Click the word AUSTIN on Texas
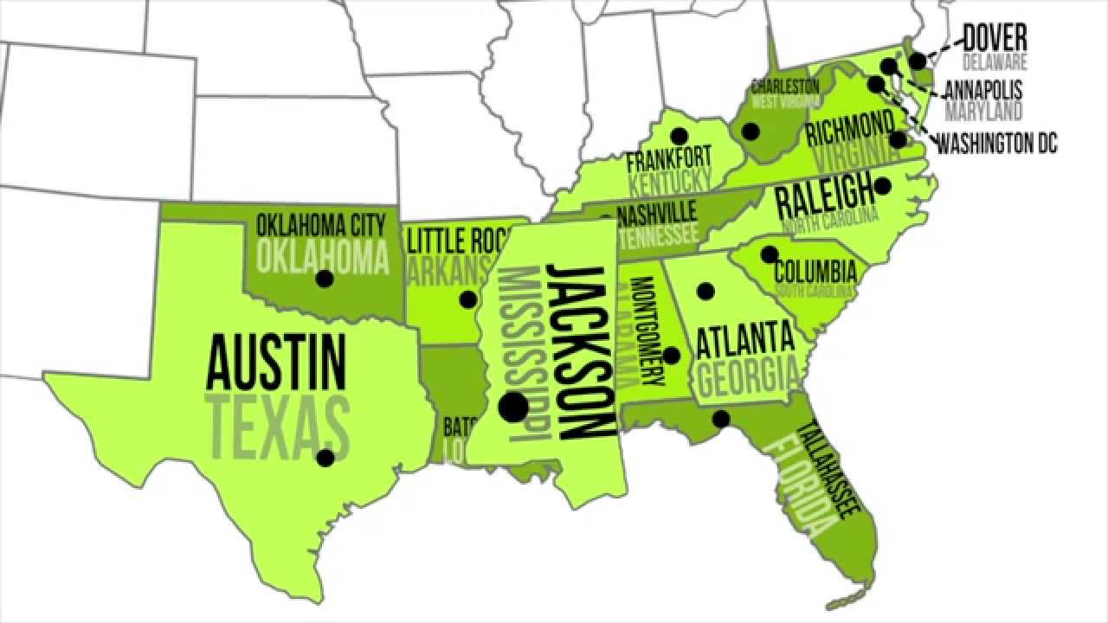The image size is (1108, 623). [x=275, y=364]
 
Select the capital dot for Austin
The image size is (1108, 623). [x=325, y=458]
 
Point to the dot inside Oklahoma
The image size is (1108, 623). [x=325, y=279]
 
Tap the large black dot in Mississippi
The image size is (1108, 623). [x=513, y=407]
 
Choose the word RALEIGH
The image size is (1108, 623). [x=824, y=197]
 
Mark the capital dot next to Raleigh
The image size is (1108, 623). [x=882, y=185]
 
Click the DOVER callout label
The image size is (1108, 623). [x=995, y=38]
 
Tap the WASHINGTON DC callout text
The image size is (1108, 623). [x=996, y=144]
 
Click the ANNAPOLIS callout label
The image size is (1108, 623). [x=982, y=90]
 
